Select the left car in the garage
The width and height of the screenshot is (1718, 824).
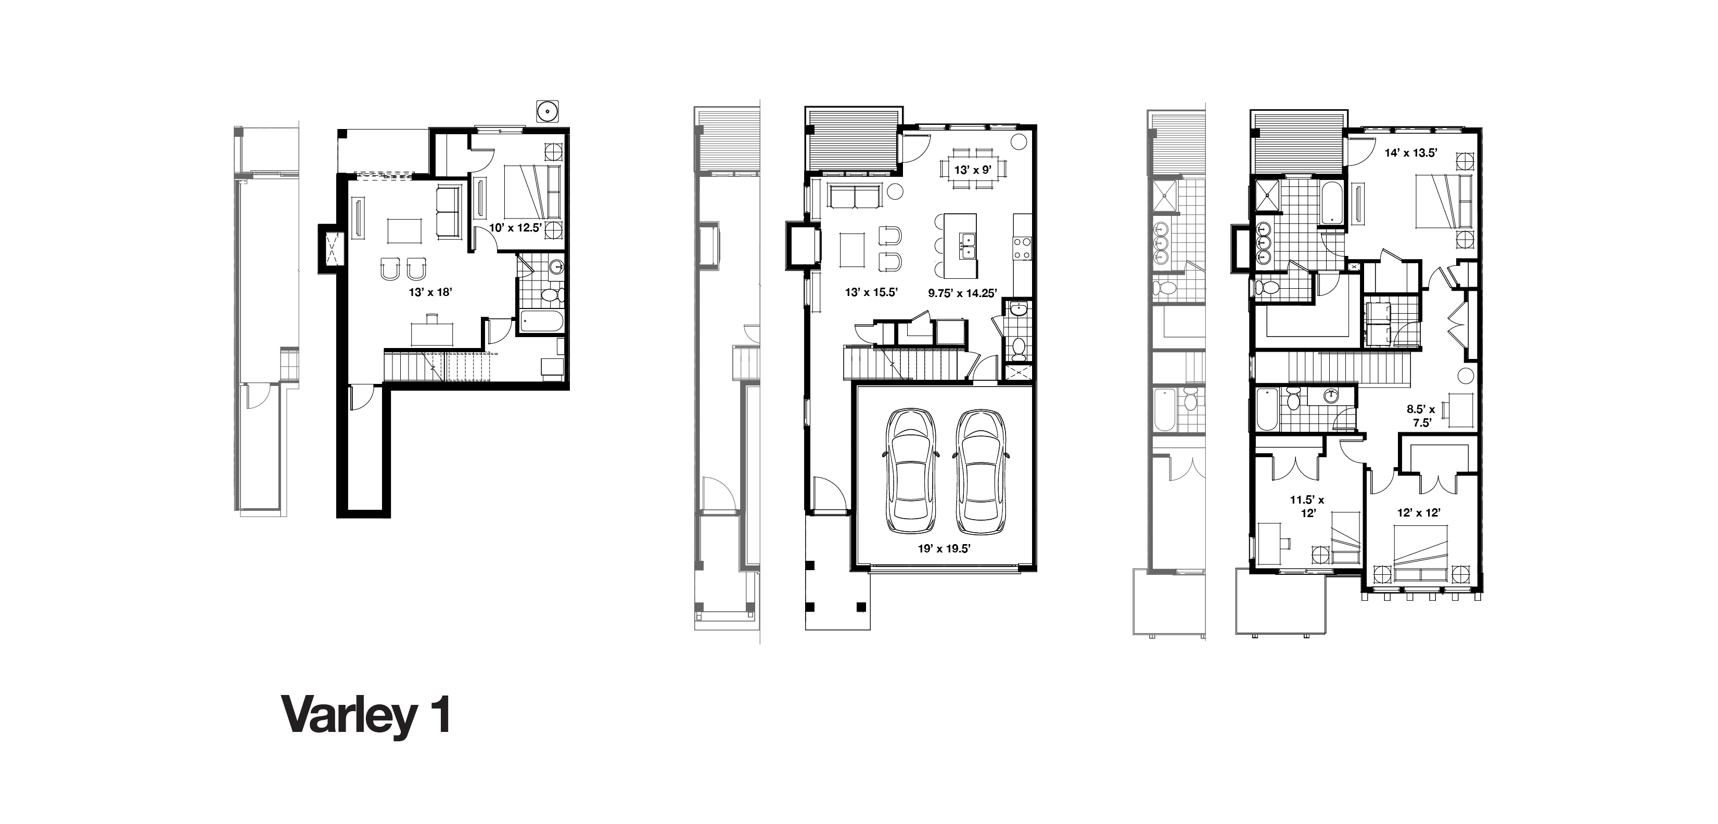click(910, 471)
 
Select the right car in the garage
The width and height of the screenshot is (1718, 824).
click(978, 471)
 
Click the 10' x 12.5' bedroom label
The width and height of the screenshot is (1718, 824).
click(517, 227)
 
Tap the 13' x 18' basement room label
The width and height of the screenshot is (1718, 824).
click(431, 292)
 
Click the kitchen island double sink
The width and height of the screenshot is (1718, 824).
click(967, 246)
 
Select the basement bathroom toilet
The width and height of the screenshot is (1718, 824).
click(552, 294)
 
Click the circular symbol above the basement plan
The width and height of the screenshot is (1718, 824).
click(548, 111)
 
